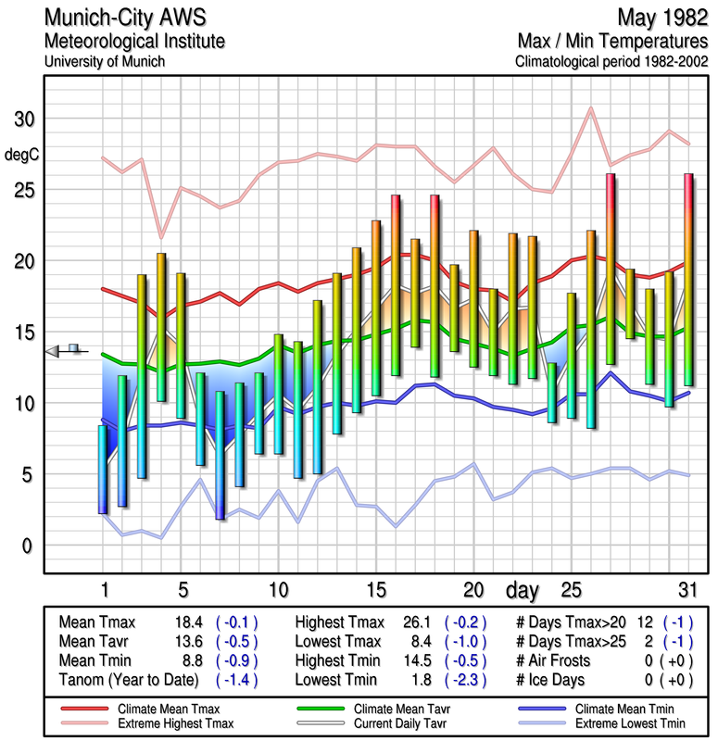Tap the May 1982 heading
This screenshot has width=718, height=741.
tap(661, 18)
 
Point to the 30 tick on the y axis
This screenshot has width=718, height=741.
tap(23, 119)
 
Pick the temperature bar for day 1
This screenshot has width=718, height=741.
tap(103, 469)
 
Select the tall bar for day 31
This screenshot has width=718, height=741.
tap(688, 279)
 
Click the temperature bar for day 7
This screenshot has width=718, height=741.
tap(220, 454)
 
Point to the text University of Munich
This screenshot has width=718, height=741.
tap(105, 61)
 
